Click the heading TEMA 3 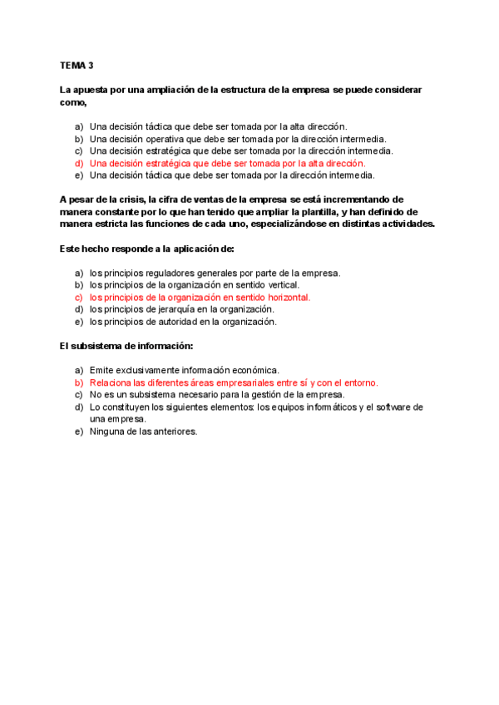coord(77,64)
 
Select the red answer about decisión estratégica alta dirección coord(227,164)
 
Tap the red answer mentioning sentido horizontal coord(200,297)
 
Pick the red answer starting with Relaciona coord(233,382)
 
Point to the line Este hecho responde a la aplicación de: coord(147,249)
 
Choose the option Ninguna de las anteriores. coord(143,431)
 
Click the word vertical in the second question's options coord(283,284)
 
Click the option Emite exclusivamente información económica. coord(184,370)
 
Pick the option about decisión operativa coord(237,139)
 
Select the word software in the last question coord(390,407)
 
